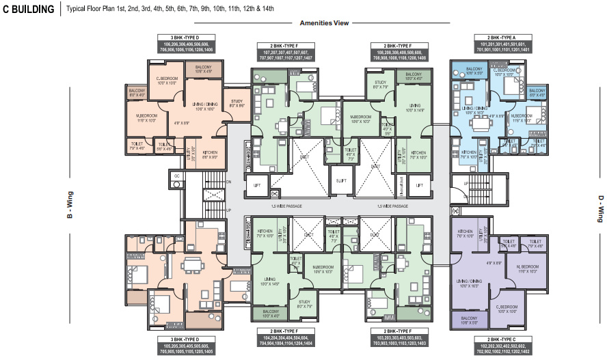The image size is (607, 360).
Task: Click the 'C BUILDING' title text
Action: pos(29,9)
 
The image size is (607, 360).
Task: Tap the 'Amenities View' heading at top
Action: pos(323,23)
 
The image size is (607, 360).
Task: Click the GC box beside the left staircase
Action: pos(176,176)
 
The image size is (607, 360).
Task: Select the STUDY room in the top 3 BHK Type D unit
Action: pos(237,103)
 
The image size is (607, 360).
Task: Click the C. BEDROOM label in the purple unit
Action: pos(507,308)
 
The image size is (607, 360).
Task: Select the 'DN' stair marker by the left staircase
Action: pos(229,181)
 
